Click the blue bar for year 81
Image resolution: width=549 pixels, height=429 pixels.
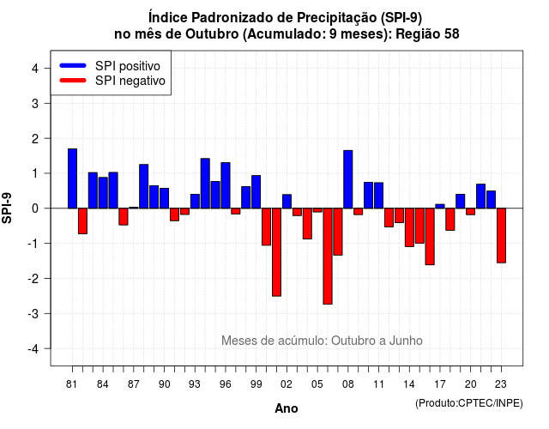point(72,178)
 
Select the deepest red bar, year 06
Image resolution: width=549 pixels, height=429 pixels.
point(328,256)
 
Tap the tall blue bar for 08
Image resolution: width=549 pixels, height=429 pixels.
point(348,179)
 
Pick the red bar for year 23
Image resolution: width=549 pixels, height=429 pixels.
point(501,235)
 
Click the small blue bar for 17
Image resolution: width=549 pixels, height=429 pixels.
point(440,206)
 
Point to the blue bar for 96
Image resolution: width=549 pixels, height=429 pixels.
point(226,185)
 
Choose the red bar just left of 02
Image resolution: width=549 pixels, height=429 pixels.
point(276,252)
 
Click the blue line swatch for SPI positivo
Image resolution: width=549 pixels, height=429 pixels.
point(73,65)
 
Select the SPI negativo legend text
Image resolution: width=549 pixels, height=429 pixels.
point(130,81)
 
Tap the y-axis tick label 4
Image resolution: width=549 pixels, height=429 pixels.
point(35,69)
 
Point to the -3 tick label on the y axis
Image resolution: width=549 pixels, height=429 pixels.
point(33,313)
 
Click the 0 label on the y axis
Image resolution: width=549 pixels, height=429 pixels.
point(35,208)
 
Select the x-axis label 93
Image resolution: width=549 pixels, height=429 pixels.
point(195,384)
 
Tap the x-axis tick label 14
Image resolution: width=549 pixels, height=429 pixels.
point(409,384)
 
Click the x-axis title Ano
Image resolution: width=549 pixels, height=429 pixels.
point(287,408)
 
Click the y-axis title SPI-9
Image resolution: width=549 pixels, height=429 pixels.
point(7,208)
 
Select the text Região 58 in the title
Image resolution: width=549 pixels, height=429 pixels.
point(427,34)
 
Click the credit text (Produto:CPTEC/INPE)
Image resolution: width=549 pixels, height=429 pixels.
point(469,403)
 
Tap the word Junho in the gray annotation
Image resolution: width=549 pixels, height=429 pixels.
point(406,341)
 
